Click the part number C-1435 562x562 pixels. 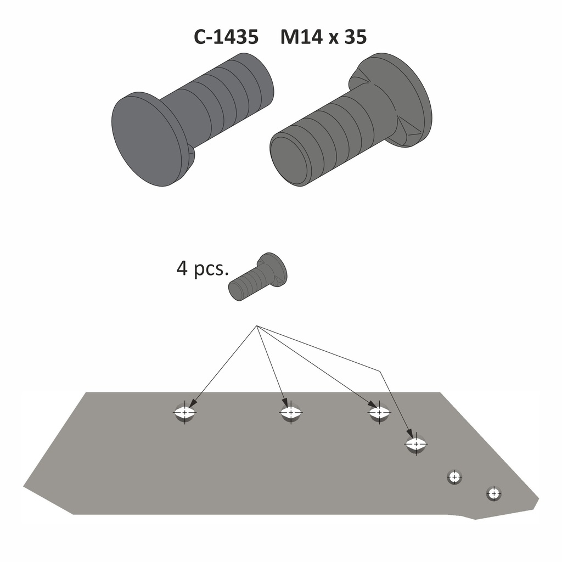tap(226, 37)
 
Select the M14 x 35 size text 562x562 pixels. tap(323, 37)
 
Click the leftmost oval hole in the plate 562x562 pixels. tap(185, 412)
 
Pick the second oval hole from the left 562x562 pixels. tap(291, 412)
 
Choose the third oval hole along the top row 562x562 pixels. tap(379, 411)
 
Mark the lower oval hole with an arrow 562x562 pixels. tap(416, 443)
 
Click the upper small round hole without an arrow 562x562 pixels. tap(454, 477)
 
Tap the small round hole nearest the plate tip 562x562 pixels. tap(494, 493)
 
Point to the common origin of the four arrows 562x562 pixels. tap(257, 327)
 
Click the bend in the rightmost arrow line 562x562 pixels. tap(380, 370)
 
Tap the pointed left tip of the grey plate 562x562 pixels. tap(25, 486)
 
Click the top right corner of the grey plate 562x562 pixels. tap(440, 393)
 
